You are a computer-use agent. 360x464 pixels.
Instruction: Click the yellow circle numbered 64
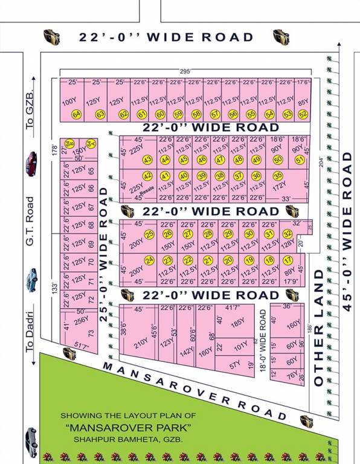[x=76, y=114]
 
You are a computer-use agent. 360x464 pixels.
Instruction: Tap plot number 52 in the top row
[x=303, y=114]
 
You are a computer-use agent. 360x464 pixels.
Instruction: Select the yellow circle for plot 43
[x=147, y=160]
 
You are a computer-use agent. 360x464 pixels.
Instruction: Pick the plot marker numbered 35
[x=278, y=176]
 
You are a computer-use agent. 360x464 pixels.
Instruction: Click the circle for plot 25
[x=150, y=234]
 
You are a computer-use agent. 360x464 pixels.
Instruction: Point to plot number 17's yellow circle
[x=288, y=260]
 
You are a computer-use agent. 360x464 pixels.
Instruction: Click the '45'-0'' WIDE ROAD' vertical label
[x=347, y=231]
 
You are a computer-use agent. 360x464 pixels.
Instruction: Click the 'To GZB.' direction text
[x=29, y=111]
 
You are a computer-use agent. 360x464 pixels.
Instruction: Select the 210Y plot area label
[x=141, y=344]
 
